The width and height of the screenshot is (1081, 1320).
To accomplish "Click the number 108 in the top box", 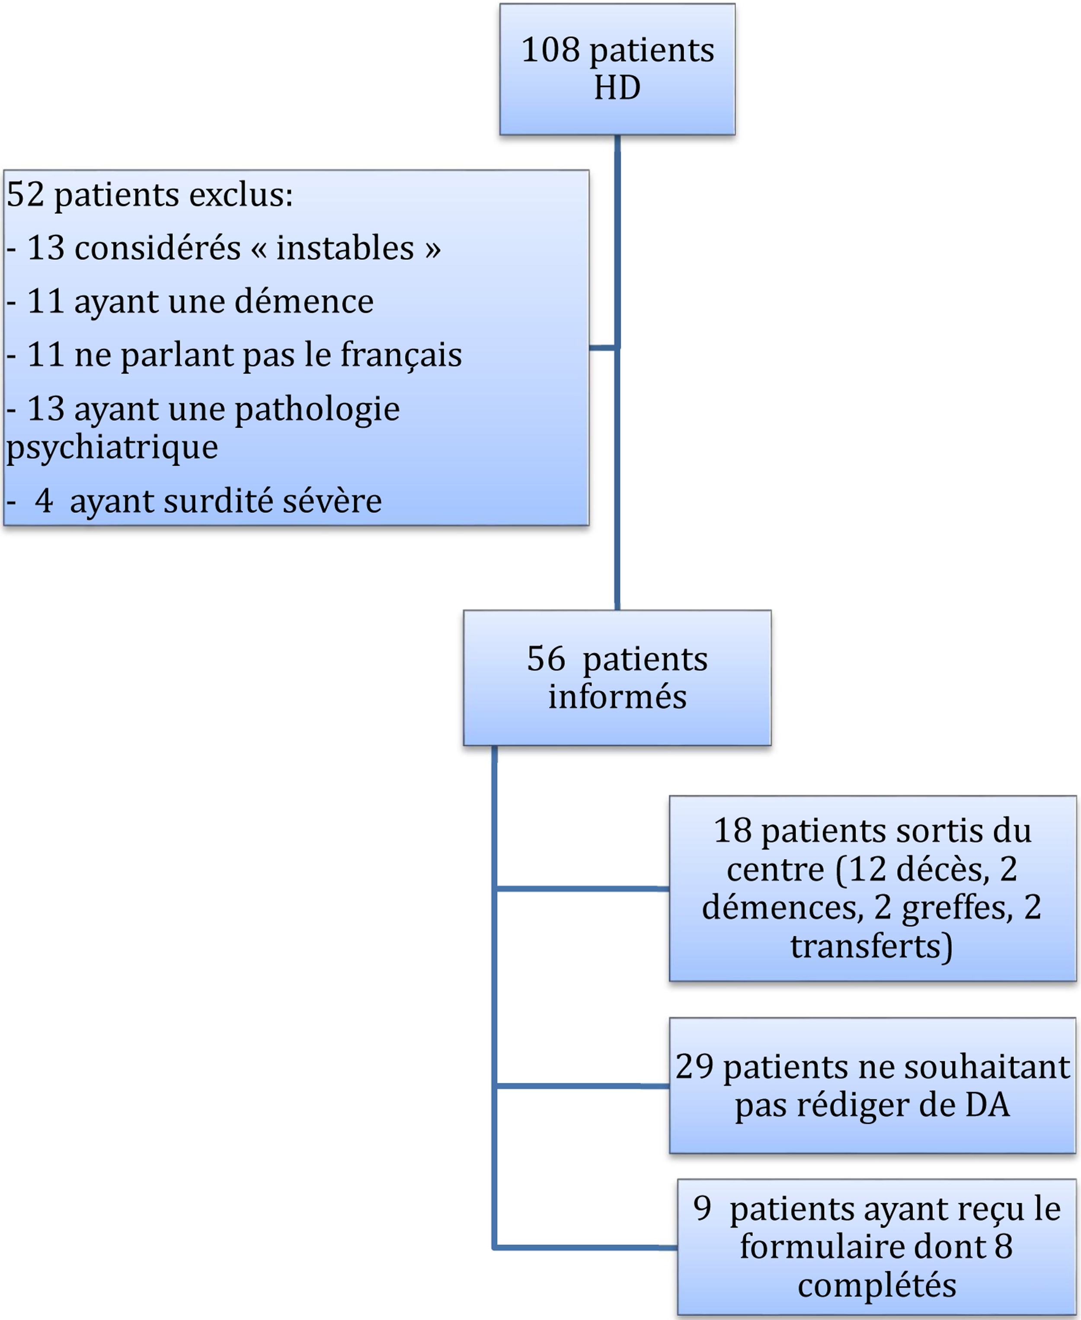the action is click(550, 50).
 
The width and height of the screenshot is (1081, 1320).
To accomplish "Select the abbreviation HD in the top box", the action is click(617, 87).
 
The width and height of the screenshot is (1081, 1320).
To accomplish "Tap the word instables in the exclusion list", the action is click(345, 248).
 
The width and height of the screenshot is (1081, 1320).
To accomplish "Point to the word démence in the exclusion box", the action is click(304, 301).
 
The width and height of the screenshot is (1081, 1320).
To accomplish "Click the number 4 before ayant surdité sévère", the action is click(44, 501).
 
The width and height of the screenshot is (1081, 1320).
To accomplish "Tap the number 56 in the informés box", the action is click(546, 659).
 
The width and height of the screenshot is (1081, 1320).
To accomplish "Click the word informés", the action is click(617, 697).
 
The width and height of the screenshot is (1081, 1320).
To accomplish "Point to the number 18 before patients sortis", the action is click(733, 831).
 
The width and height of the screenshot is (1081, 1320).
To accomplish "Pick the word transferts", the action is click(872, 946).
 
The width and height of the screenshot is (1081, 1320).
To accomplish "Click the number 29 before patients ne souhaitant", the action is click(694, 1067).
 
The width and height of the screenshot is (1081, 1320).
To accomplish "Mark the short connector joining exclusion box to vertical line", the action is click(602, 348).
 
